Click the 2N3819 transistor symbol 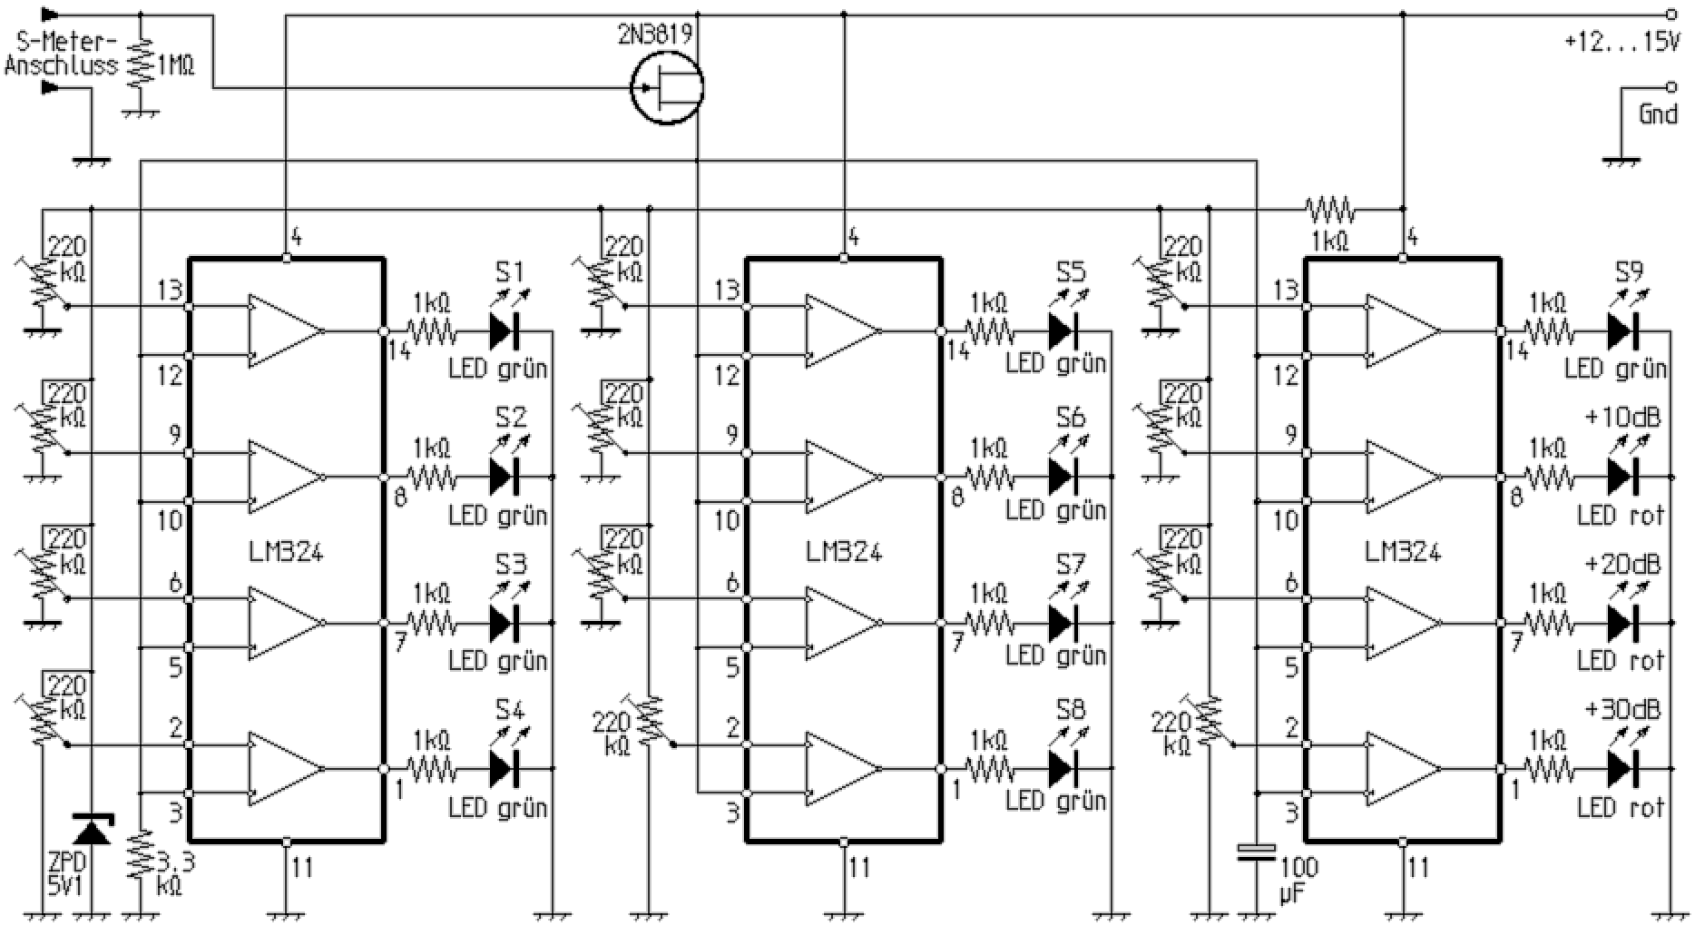[x=667, y=87]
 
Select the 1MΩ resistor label [x=175, y=66]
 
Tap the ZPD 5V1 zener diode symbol [x=92, y=830]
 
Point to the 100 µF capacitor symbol [x=1257, y=852]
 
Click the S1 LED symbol [x=505, y=331]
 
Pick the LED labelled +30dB [x=1622, y=769]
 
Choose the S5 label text [x=1071, y=272]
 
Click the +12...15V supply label [x=1621, y=43]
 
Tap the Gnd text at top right [x=1657, y=114]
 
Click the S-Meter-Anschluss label [x=61, y=54]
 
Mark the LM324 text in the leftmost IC [x=285, y=551]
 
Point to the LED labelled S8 [x=1063, y=769]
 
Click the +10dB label [x=1622, y=418]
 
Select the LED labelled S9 [x=1622, y=331]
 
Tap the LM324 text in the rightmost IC [x=1402, y=551]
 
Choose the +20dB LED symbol [x=1622, y=623]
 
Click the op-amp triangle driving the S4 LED [x=285, y=769]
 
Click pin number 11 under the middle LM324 [x=858, y=868]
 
